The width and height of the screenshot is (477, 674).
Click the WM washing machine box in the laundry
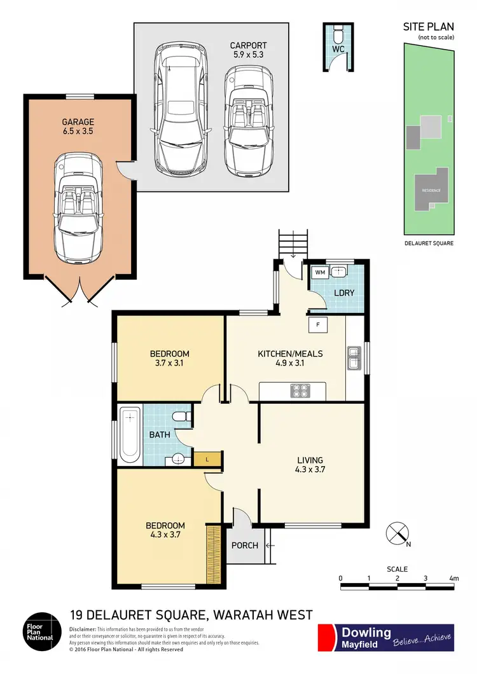tap(319, 272)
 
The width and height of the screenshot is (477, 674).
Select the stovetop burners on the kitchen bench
tap(300, 390)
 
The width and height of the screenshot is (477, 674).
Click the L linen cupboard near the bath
tap(205, 458)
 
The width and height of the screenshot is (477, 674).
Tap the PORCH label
tap(245, 545)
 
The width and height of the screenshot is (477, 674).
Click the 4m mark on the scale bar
tap(453, 579)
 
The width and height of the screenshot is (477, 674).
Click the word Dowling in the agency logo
tap(366, 632)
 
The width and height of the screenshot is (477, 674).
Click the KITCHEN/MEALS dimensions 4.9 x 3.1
tap(290, 364)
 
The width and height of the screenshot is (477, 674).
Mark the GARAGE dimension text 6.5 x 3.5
tap(78, 132)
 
